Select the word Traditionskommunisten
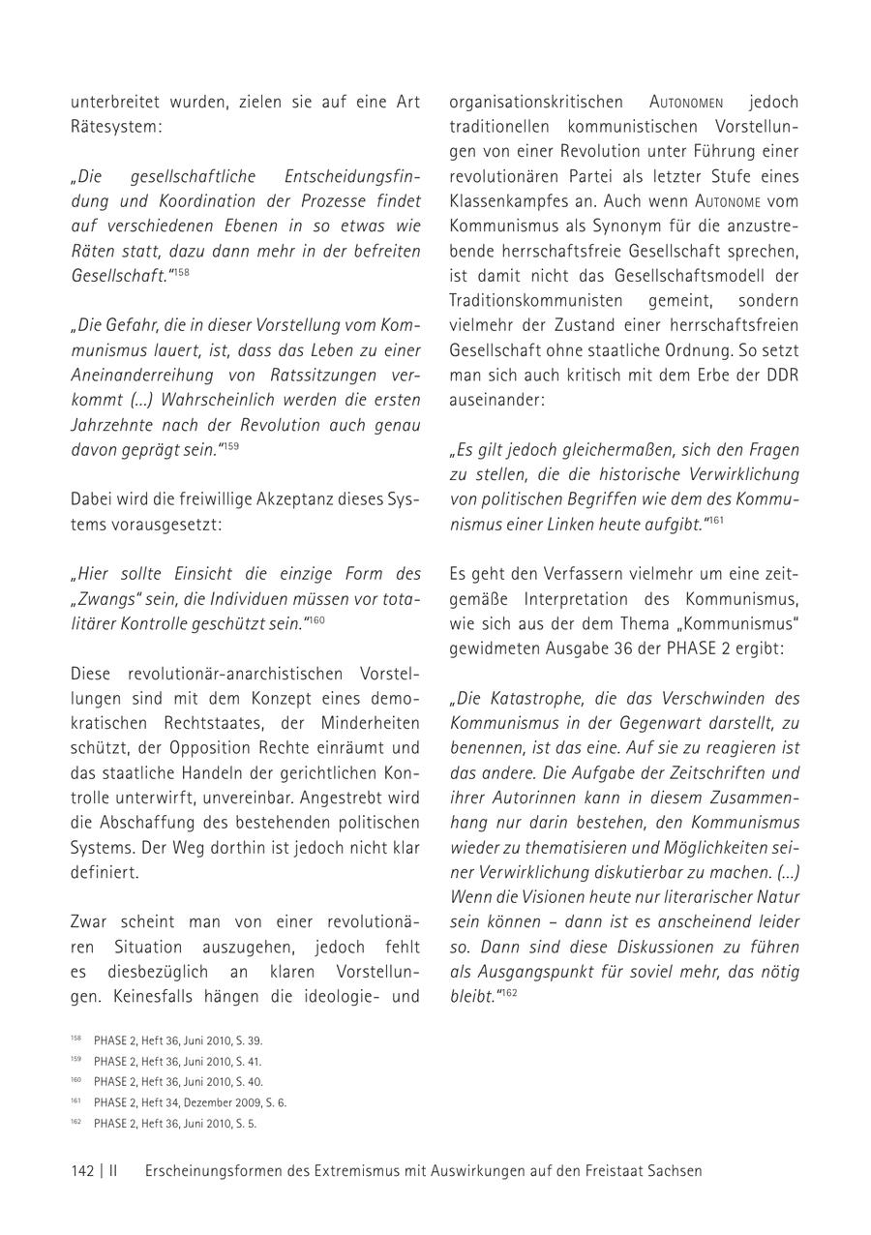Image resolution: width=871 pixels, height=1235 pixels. pos(538,299)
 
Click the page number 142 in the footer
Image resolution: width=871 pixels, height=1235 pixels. pos(82,1170)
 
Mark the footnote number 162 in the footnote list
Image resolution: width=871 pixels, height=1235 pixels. pos(75,1123)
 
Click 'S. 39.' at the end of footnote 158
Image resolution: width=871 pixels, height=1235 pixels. pos(249,1040)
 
